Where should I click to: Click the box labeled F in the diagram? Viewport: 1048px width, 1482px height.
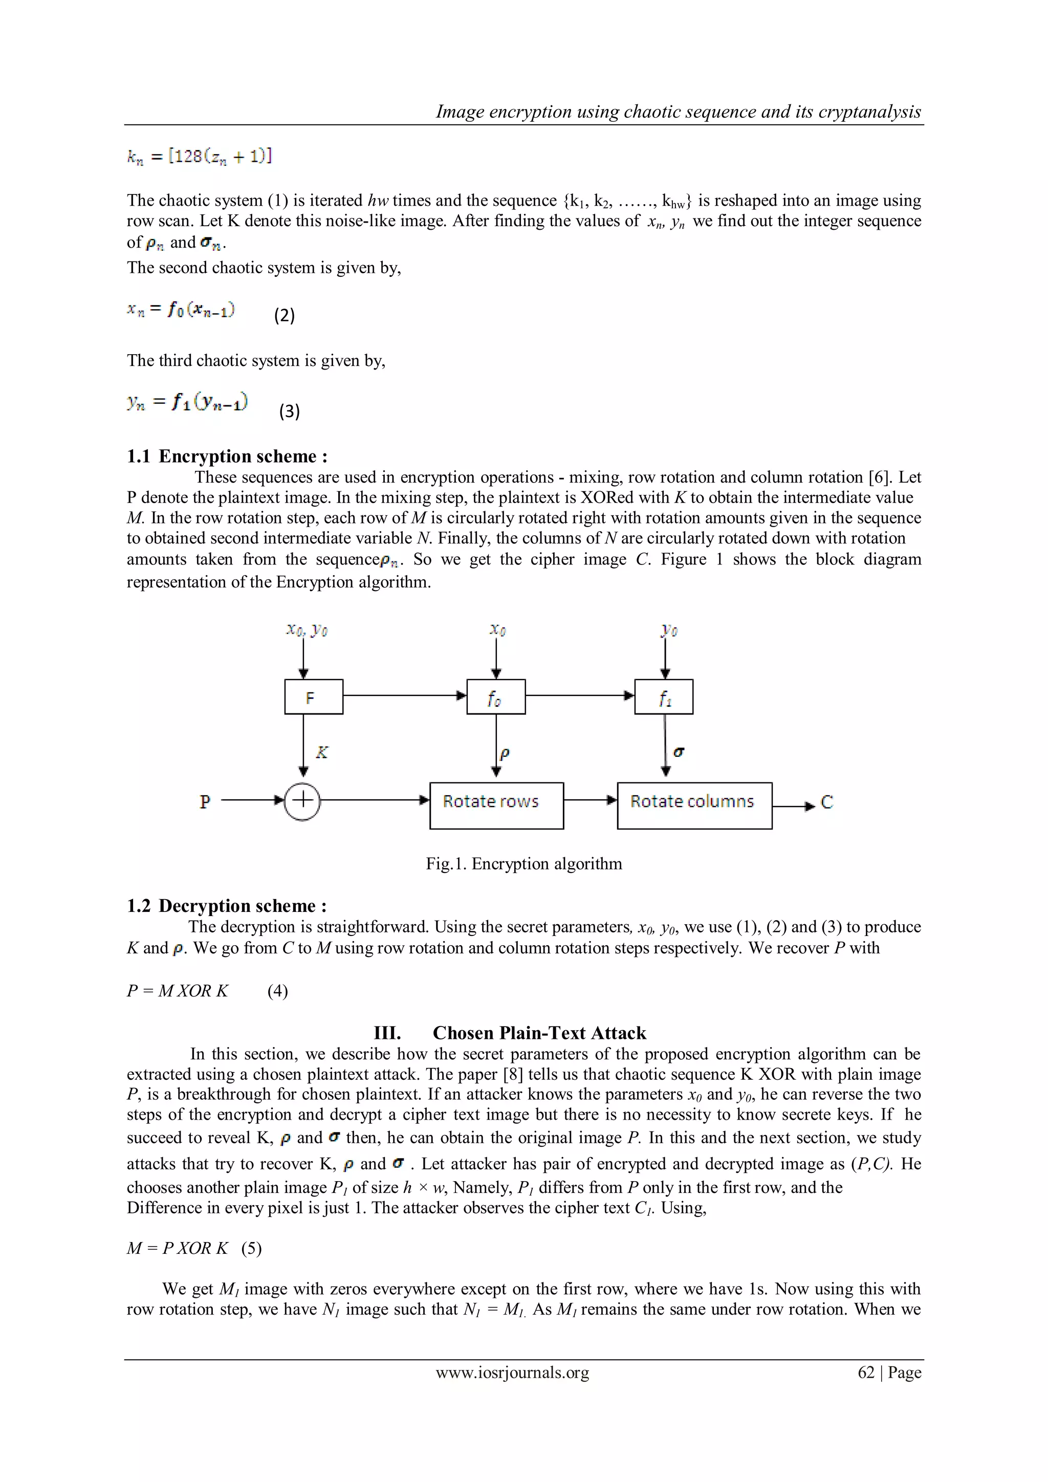pos(314,696)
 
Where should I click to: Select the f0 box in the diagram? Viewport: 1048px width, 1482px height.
pos(496,696)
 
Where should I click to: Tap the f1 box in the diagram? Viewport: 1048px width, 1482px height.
pos(663,696)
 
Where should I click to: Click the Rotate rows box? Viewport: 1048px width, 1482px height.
pos(496,805)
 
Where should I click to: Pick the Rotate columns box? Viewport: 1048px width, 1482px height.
pos(694,805)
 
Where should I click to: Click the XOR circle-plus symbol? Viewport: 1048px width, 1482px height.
pos(302,801)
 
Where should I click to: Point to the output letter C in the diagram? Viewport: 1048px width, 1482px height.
pos(826,802)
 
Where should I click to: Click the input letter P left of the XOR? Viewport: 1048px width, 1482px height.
pos(205,802)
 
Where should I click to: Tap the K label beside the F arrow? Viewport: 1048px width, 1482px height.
pos(322,752)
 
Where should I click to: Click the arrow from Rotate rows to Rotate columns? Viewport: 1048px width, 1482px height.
pos(591,800)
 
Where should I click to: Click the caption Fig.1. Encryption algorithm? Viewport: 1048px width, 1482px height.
pos(524,864)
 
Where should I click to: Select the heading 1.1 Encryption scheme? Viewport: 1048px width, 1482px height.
pos(227,456)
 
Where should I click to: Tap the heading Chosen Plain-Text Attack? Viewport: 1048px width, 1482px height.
pos(539,1033)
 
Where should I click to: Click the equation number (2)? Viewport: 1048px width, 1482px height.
pos(285,316)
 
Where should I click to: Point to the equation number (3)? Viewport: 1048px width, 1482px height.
pos(289,411)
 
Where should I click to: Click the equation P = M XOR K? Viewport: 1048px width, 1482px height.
pos(178,991)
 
